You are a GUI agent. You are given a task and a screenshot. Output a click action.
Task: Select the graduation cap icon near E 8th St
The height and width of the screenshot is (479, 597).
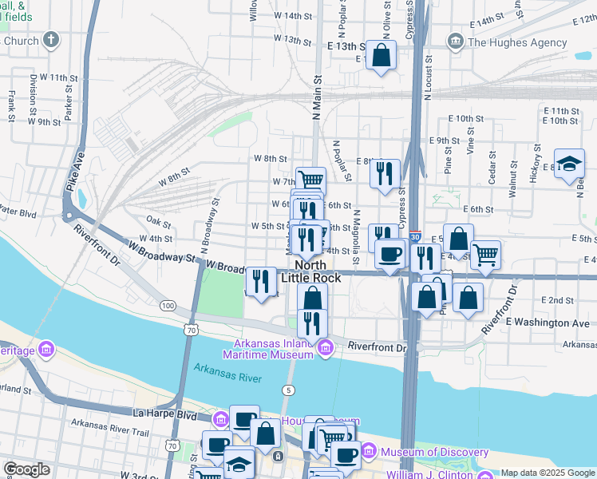click(569, 164)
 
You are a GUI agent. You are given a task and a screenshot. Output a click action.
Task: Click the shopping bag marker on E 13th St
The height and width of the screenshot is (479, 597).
click(382, 56)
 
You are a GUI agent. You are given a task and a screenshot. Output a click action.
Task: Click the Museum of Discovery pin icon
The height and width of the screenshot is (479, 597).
click(370, 452)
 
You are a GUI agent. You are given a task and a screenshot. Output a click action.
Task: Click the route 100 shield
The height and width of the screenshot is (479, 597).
click(168, 306)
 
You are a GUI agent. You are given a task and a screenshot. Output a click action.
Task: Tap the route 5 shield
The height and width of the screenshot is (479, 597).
click(288, 389)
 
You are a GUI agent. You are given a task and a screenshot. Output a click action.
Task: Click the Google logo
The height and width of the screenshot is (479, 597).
click(26, 469)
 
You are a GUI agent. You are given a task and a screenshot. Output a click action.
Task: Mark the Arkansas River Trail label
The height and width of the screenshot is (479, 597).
click(109, 433)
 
